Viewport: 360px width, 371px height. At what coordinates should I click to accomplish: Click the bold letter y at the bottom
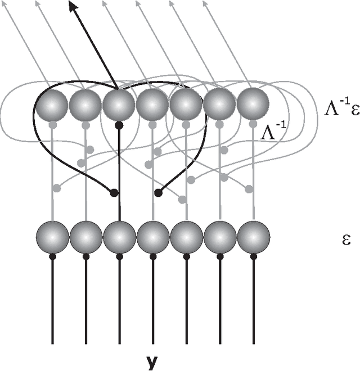(152, 363)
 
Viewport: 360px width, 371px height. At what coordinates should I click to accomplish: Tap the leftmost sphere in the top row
(52, 105)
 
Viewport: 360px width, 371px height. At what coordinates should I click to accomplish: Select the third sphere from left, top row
(119, 105)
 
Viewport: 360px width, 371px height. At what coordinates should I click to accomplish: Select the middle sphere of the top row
(152, 105)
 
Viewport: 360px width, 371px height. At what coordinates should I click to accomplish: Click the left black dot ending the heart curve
(114, 193)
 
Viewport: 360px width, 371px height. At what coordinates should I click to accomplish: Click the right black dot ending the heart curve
(159, 193)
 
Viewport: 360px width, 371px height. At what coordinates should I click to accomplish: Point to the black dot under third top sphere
(119, 125)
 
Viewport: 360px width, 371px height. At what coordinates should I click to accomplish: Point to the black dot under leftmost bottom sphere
(52, 256)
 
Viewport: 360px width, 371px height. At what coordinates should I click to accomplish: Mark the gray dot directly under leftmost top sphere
(52, 125)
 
